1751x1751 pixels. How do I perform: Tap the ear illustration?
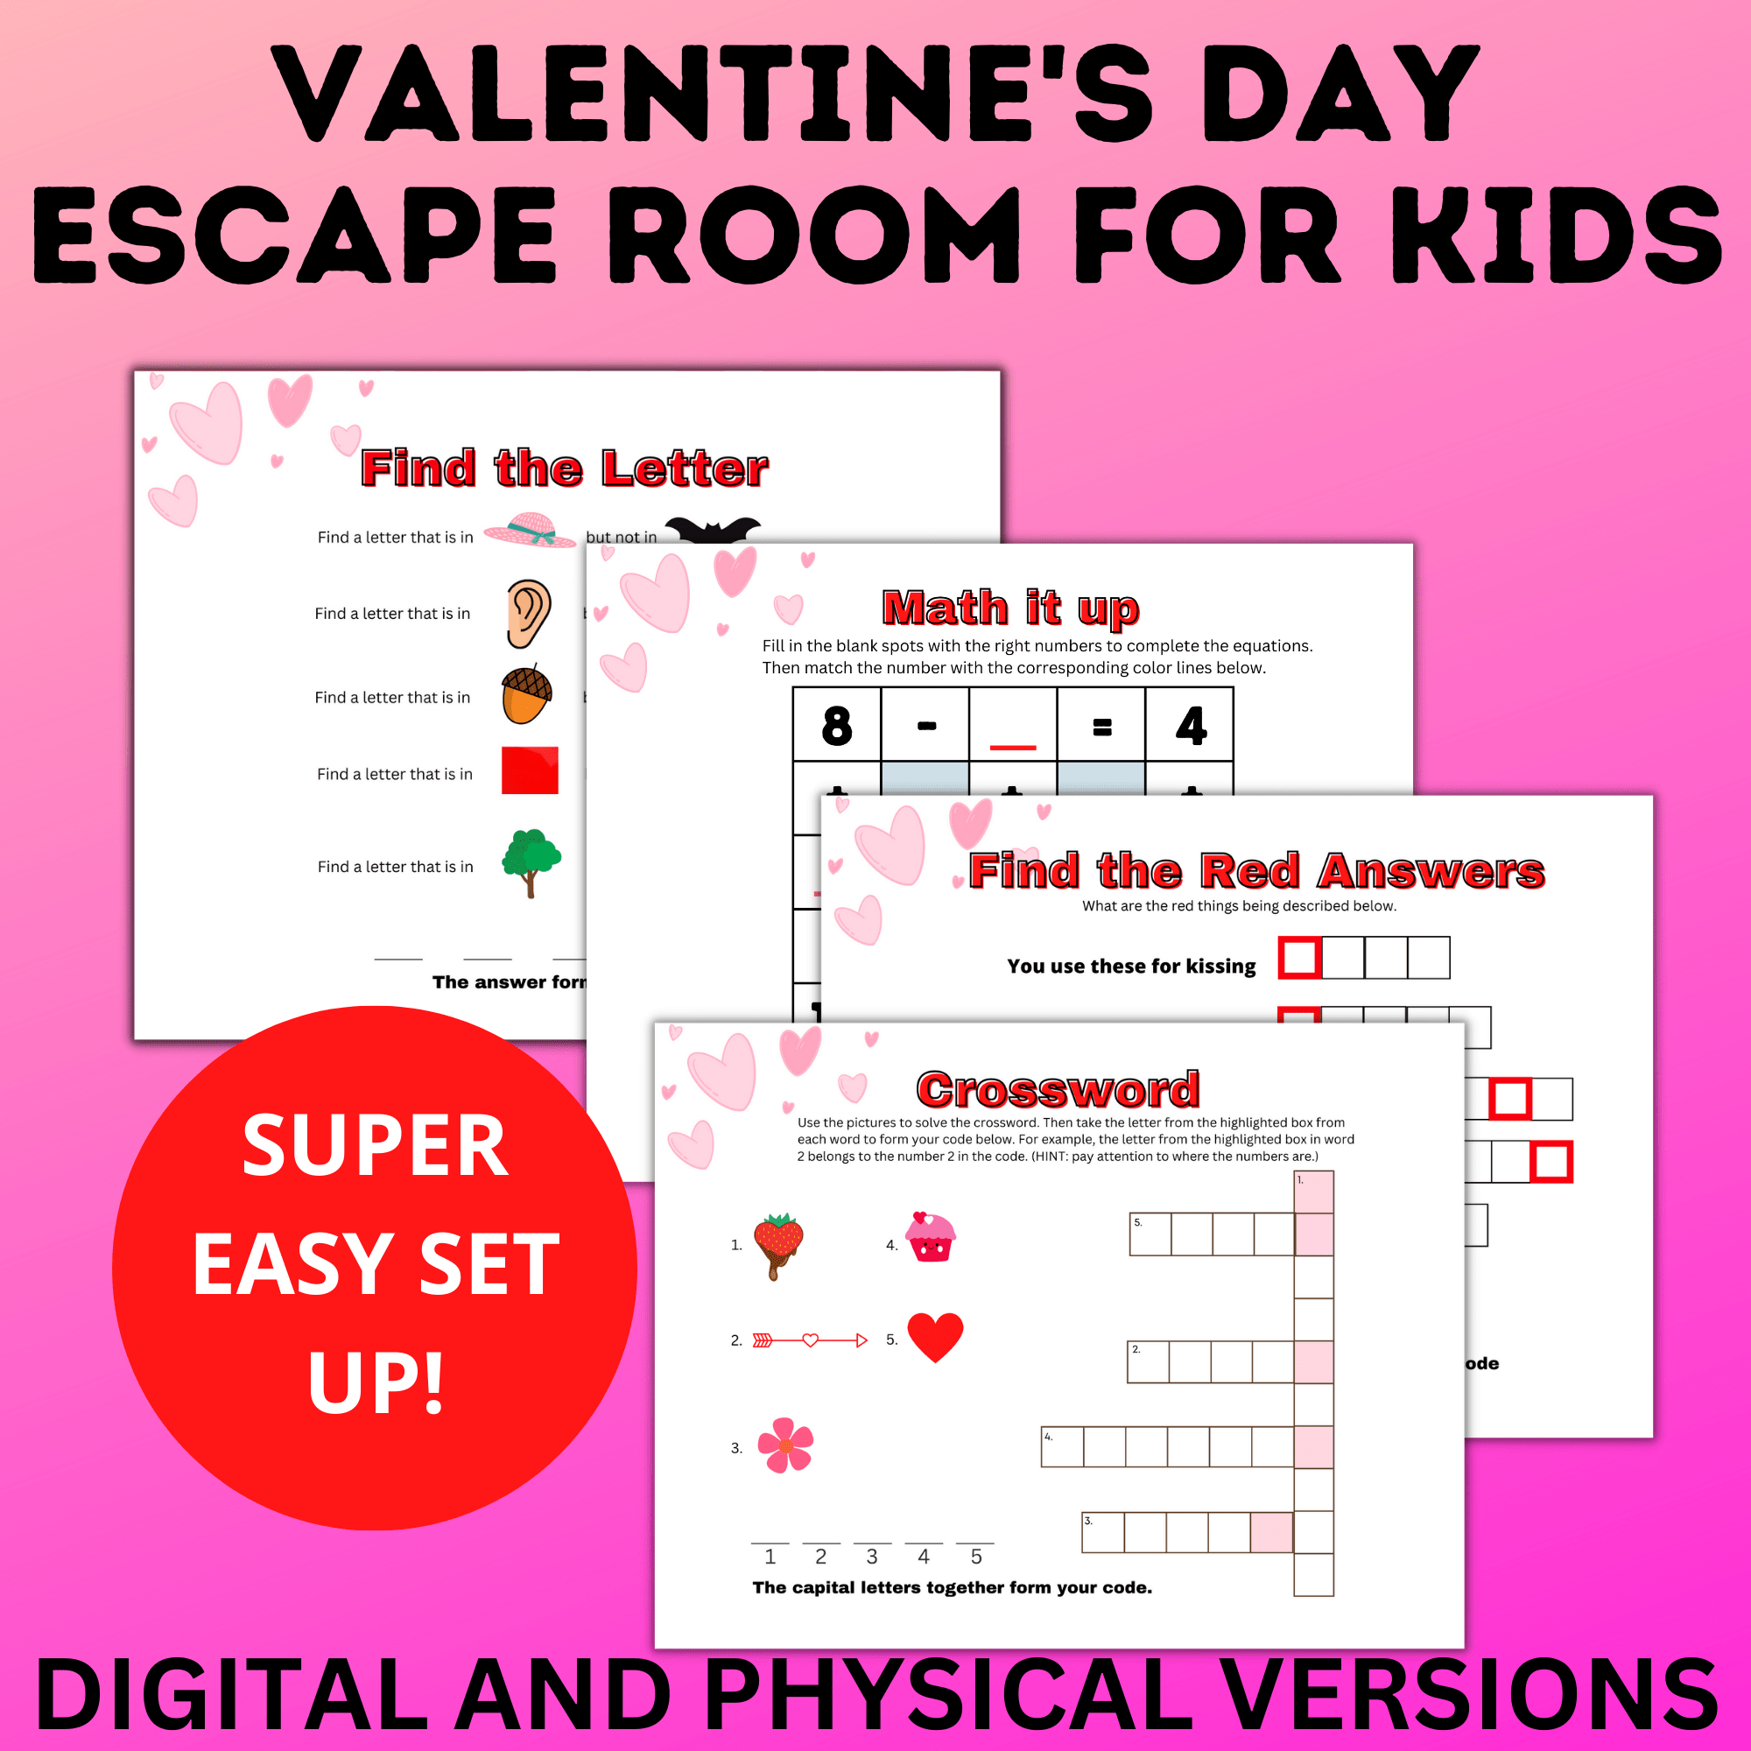pos(529,614)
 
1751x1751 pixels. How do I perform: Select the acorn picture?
pos(526,694)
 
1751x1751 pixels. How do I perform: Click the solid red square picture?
pos(530,770)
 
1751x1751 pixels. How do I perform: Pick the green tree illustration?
pos(531,861)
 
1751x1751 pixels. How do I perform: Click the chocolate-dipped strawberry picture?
pos(777,1244)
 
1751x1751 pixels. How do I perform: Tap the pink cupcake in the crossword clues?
pos(931,1237)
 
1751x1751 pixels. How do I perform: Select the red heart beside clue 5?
pos(934,1337)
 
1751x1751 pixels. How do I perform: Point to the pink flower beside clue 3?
pos(784,1445)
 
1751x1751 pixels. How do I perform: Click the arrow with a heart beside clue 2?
pos(809,1340)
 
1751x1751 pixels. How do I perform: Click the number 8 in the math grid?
pos(836,725)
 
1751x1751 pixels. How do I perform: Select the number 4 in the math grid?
pos(1190,725)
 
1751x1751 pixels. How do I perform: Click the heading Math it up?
pos(1010,608)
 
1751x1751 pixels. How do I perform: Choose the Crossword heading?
pos(1058,1088)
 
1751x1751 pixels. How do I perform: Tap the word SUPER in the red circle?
pos(376,1147)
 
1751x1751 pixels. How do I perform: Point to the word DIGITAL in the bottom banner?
pos(231,1693)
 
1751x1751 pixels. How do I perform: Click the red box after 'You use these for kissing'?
pos(1299,958)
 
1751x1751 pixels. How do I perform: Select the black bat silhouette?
pos(713,530)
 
